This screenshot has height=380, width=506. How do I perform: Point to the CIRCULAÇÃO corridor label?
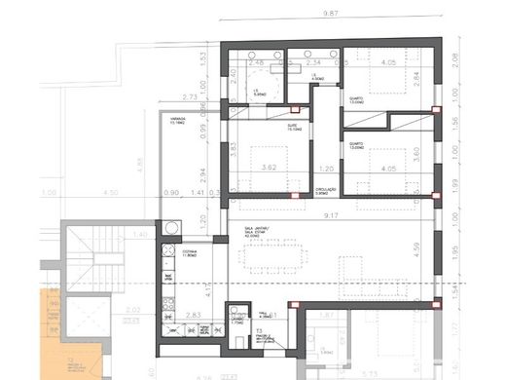pos(326,191)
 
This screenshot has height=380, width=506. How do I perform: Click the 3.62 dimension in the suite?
pos(269,169)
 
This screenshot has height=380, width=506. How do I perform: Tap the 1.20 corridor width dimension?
pos(327,169)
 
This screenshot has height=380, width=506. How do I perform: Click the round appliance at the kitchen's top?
pos(171,228)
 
